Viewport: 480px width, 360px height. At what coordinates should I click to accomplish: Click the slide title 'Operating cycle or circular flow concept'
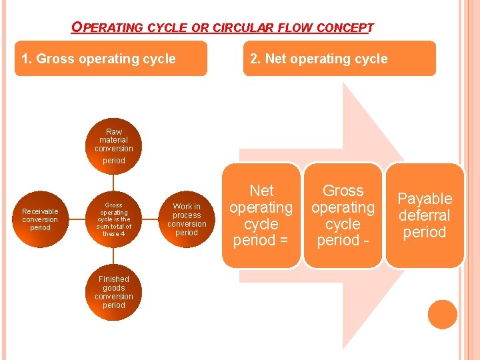[223, 28]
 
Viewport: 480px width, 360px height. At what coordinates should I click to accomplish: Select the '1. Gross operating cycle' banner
[111, 59]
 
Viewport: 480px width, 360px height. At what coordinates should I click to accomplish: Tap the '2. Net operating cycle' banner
[339, 59]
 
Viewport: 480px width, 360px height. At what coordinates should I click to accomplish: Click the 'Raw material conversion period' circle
[114, 145]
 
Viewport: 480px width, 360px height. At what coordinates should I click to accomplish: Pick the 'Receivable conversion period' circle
[40, 219]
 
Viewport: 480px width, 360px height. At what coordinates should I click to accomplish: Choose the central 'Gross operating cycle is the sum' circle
[114, 219]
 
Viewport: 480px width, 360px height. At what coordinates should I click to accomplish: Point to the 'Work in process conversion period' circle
[187, 219]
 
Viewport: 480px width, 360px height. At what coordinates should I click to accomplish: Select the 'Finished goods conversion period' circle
[114, 292]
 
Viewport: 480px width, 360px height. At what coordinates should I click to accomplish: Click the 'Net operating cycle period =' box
[261, 215]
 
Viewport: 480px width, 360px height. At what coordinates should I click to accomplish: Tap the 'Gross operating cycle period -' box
[343, 215]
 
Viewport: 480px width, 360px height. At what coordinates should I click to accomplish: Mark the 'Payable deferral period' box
[425, 215]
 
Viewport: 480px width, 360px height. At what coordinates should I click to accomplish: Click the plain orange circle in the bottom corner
[443, 315]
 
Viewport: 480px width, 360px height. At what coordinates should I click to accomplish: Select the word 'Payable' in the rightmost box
[425, 199]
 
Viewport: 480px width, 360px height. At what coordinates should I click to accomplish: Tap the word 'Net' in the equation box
[261, 191]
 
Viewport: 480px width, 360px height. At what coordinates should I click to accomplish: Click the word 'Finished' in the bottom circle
[114, 279]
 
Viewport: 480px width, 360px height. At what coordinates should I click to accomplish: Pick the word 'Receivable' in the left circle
[40, 211]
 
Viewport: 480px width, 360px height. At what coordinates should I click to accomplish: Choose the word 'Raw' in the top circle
[114, 132]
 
